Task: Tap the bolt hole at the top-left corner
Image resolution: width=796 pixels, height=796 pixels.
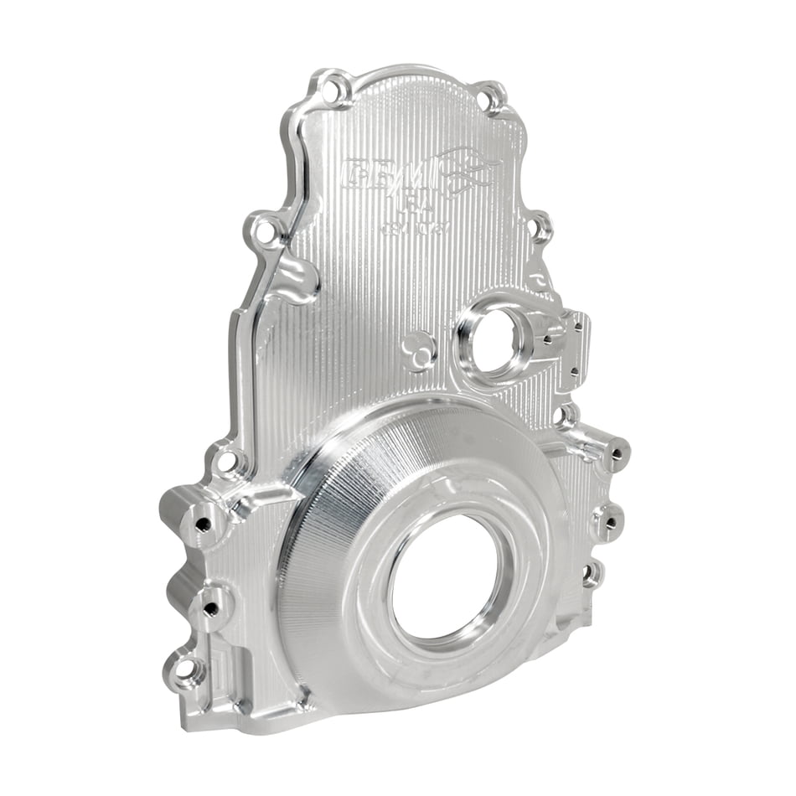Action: pyautogui.click(x=336, y=89)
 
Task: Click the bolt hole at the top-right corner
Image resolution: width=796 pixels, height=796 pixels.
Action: pyautogui.click(x=494, y=99)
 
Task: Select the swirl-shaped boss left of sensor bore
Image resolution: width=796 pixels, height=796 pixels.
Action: pyautogui.click(x=418, y=352)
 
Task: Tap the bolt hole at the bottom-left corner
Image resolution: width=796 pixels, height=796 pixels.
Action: pyautogui.click(x=185, y=669)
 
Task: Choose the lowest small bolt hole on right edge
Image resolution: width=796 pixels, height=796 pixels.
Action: pyautogui.click(x=592, y=575)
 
